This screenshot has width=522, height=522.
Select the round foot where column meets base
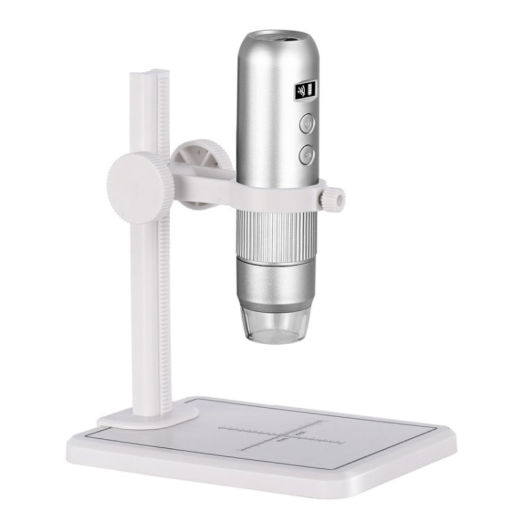(143, 416)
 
